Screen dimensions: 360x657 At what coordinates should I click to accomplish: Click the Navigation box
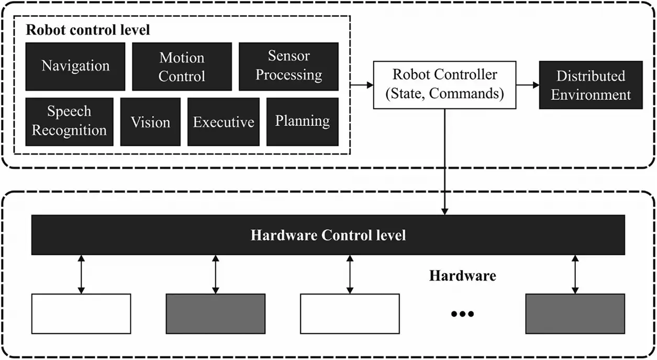pos(75,66)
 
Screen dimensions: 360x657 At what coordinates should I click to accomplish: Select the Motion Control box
pos(182,66)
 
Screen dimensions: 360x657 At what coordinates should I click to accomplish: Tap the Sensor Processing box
pos(288,66)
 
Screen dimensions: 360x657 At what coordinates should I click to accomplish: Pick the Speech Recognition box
pos(69,121)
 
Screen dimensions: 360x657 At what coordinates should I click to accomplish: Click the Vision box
pos(150,122)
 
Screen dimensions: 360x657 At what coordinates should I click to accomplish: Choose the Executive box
pos(224,122)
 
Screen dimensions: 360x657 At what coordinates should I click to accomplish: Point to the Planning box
pos(303,121)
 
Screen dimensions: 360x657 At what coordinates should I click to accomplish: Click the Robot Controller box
pos(445,85)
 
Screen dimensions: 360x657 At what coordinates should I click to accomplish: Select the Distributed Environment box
pos(591,85)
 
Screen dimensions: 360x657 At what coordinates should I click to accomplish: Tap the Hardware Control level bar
pos(328,235)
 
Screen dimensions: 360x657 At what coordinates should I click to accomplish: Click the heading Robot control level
pos(88,30)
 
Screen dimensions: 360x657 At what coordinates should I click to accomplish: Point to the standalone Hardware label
pos(462,276)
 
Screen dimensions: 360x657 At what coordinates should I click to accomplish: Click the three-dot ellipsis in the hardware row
pos(462,314)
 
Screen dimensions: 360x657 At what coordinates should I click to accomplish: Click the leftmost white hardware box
pos(81,313)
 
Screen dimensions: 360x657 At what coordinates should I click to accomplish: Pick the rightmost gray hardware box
pos(575,313)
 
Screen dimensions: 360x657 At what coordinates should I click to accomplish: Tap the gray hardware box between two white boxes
pos(216,313)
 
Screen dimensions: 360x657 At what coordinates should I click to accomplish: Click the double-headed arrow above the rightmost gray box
pos(575,274)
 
